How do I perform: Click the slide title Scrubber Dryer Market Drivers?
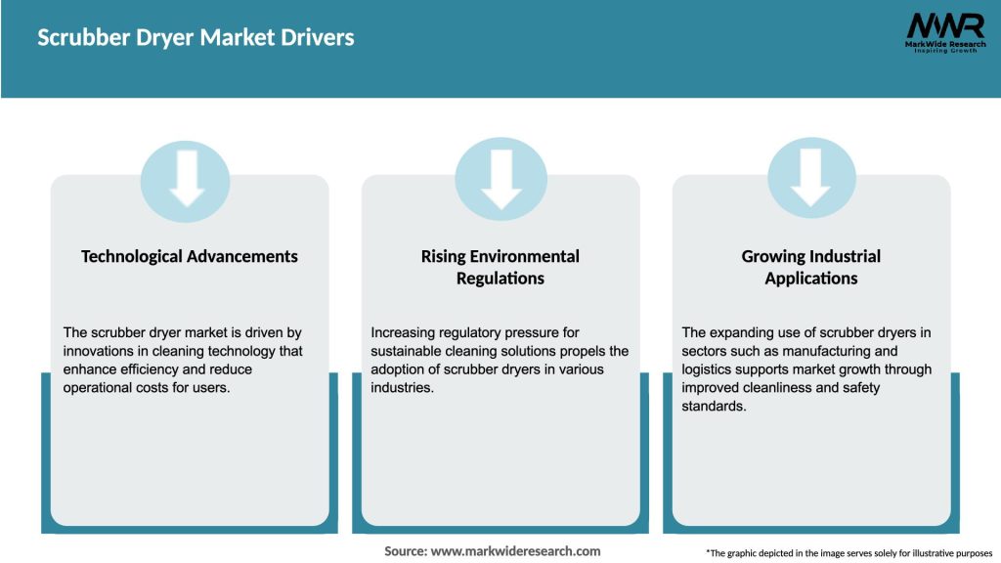point(196,38)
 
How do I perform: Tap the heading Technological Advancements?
point(190,256)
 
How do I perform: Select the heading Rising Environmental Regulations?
point(500,267)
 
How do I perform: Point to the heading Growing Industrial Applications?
point(811,267)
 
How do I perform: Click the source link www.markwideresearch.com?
point(515,551)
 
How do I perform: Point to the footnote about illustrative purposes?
point(849,553)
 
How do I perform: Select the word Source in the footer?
point(405,551)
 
